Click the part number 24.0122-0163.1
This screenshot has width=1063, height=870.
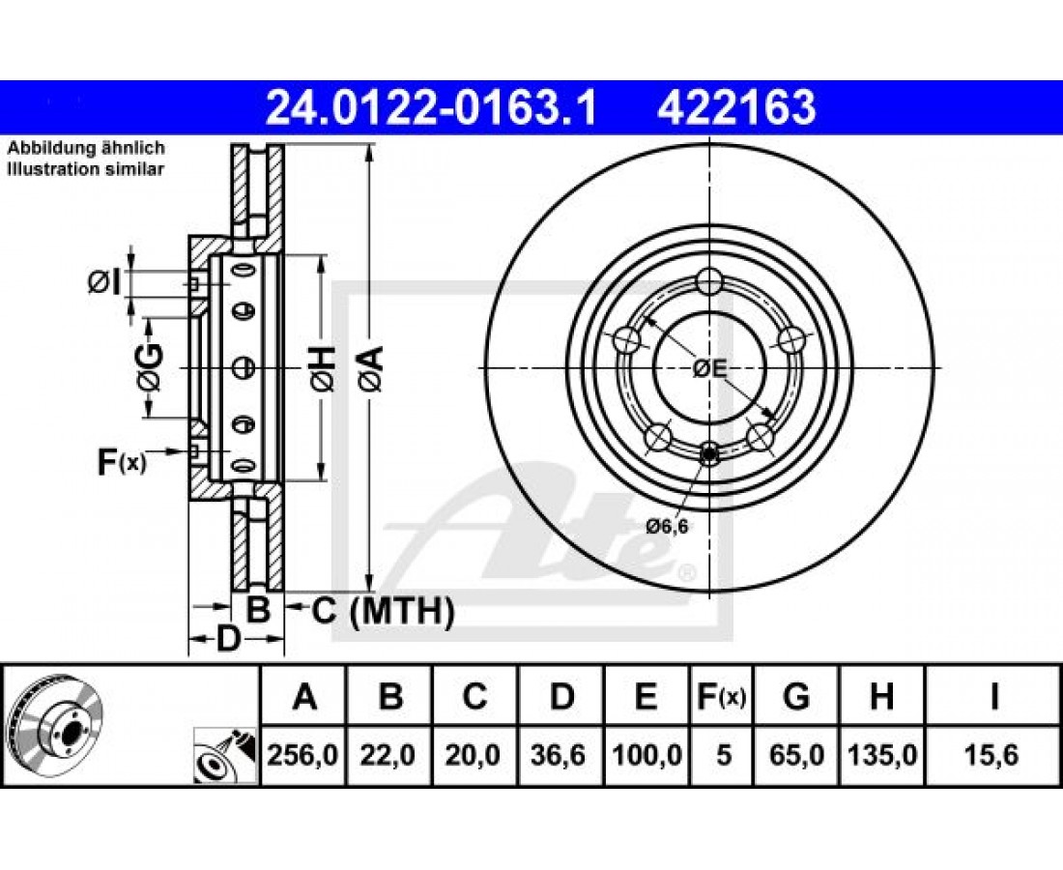430,108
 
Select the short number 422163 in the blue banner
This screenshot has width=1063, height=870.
736,108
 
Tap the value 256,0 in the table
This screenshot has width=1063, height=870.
303,755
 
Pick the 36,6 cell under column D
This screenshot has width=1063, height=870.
558,755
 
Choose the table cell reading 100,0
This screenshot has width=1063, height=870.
646,755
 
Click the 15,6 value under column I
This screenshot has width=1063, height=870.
993,755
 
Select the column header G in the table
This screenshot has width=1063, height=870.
796,696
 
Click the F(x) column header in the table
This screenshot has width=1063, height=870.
721,696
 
